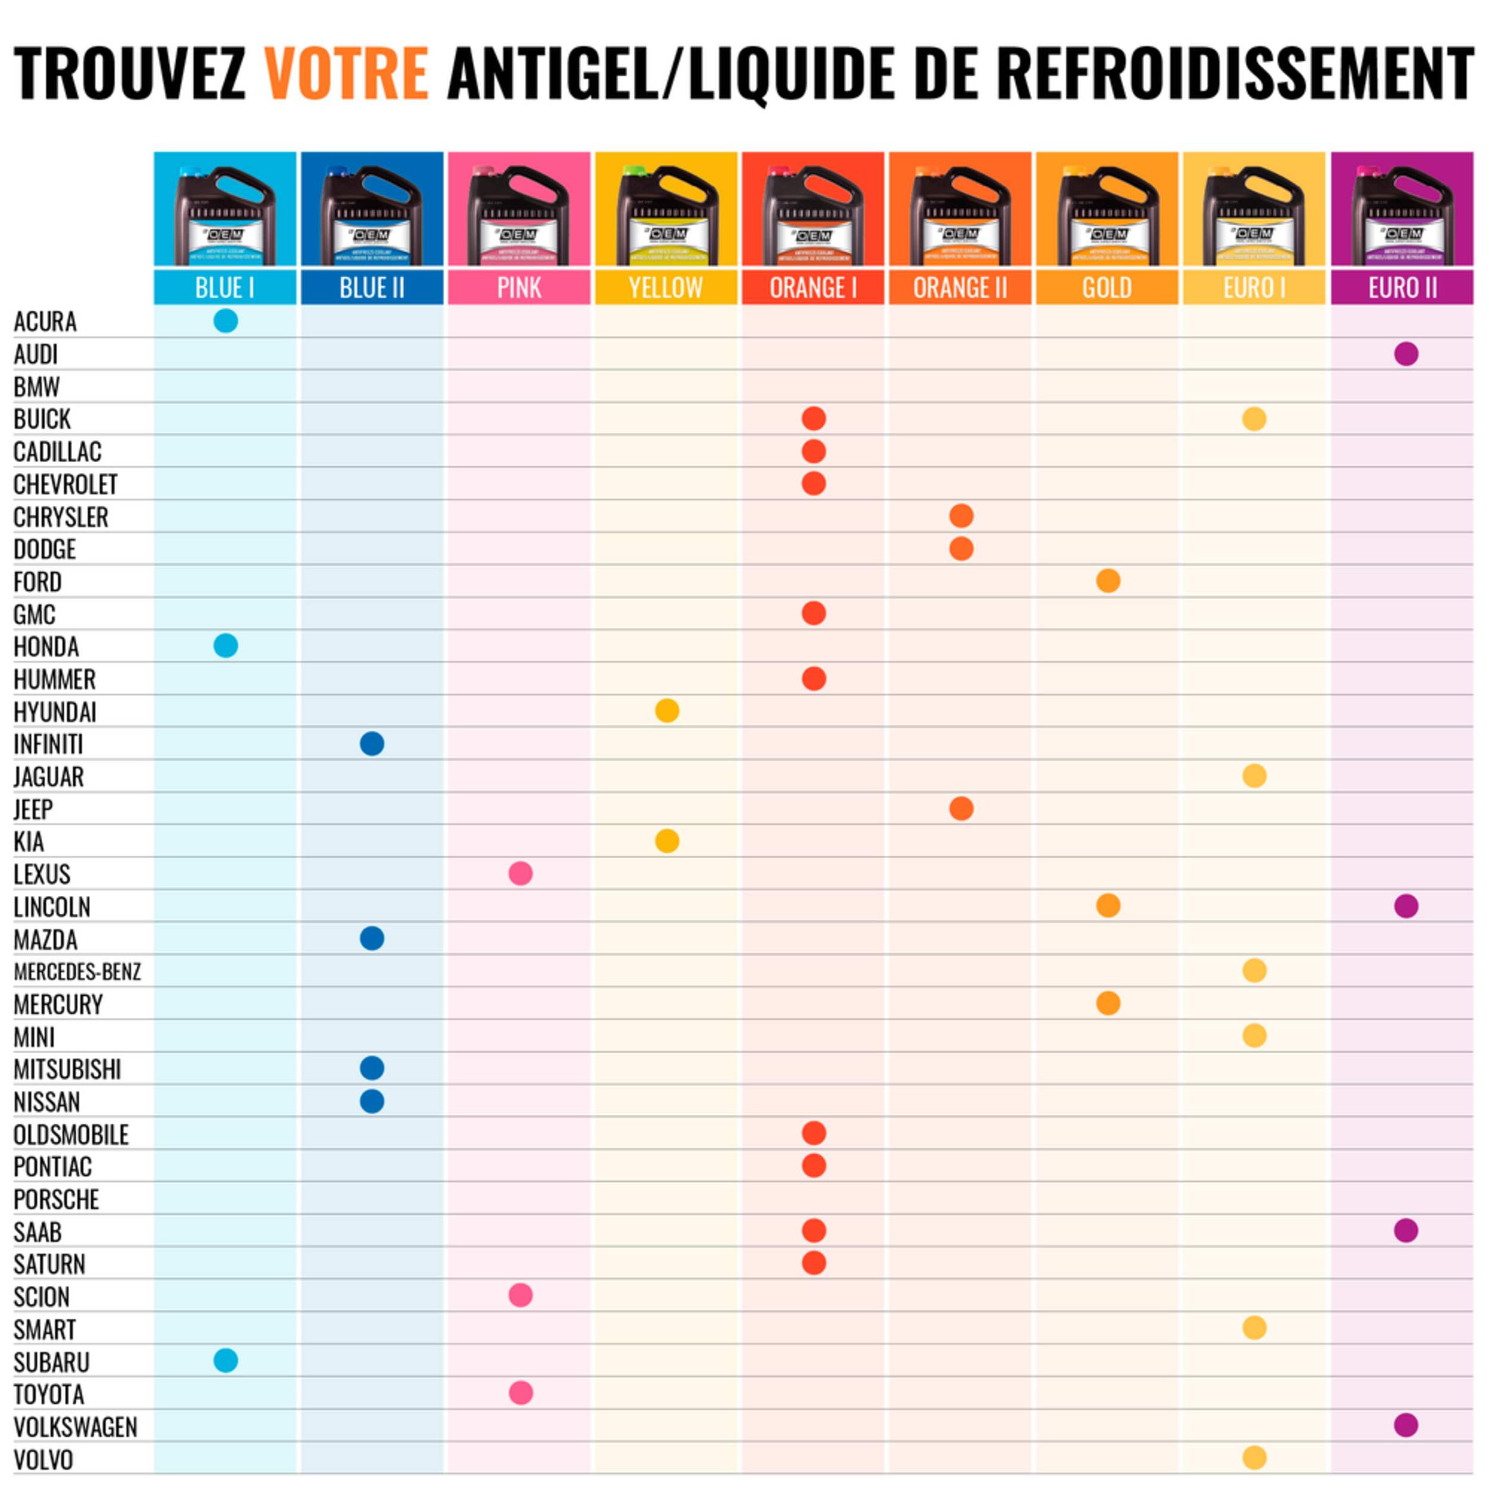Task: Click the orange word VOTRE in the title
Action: pyautogui.click(x=346, y=73)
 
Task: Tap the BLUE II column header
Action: pyautogui.click(x=372, y=288)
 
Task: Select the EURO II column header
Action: pyautogui.click(x=1402, y=288)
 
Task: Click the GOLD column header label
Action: pyautogui.click(x=1107, y=288)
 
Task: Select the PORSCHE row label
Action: pyautogui.click(x=56, y=1199)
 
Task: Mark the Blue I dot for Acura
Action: pyautogui.click(x=225, y=320)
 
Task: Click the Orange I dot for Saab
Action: pyautogui.click(x=813, y=1230)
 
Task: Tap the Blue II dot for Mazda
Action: pyautogui.click(x=372, y=938)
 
